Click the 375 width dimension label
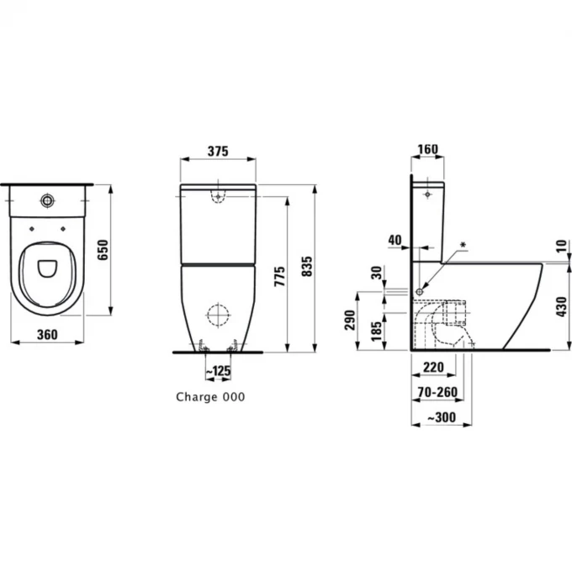218,151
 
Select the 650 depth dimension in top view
103,250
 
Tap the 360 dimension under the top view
47,334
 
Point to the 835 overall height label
307,267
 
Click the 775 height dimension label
279,276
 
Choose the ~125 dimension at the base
218,371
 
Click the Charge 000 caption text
210,397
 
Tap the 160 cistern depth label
427,149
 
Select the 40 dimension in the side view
395,240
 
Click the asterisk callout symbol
463,245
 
